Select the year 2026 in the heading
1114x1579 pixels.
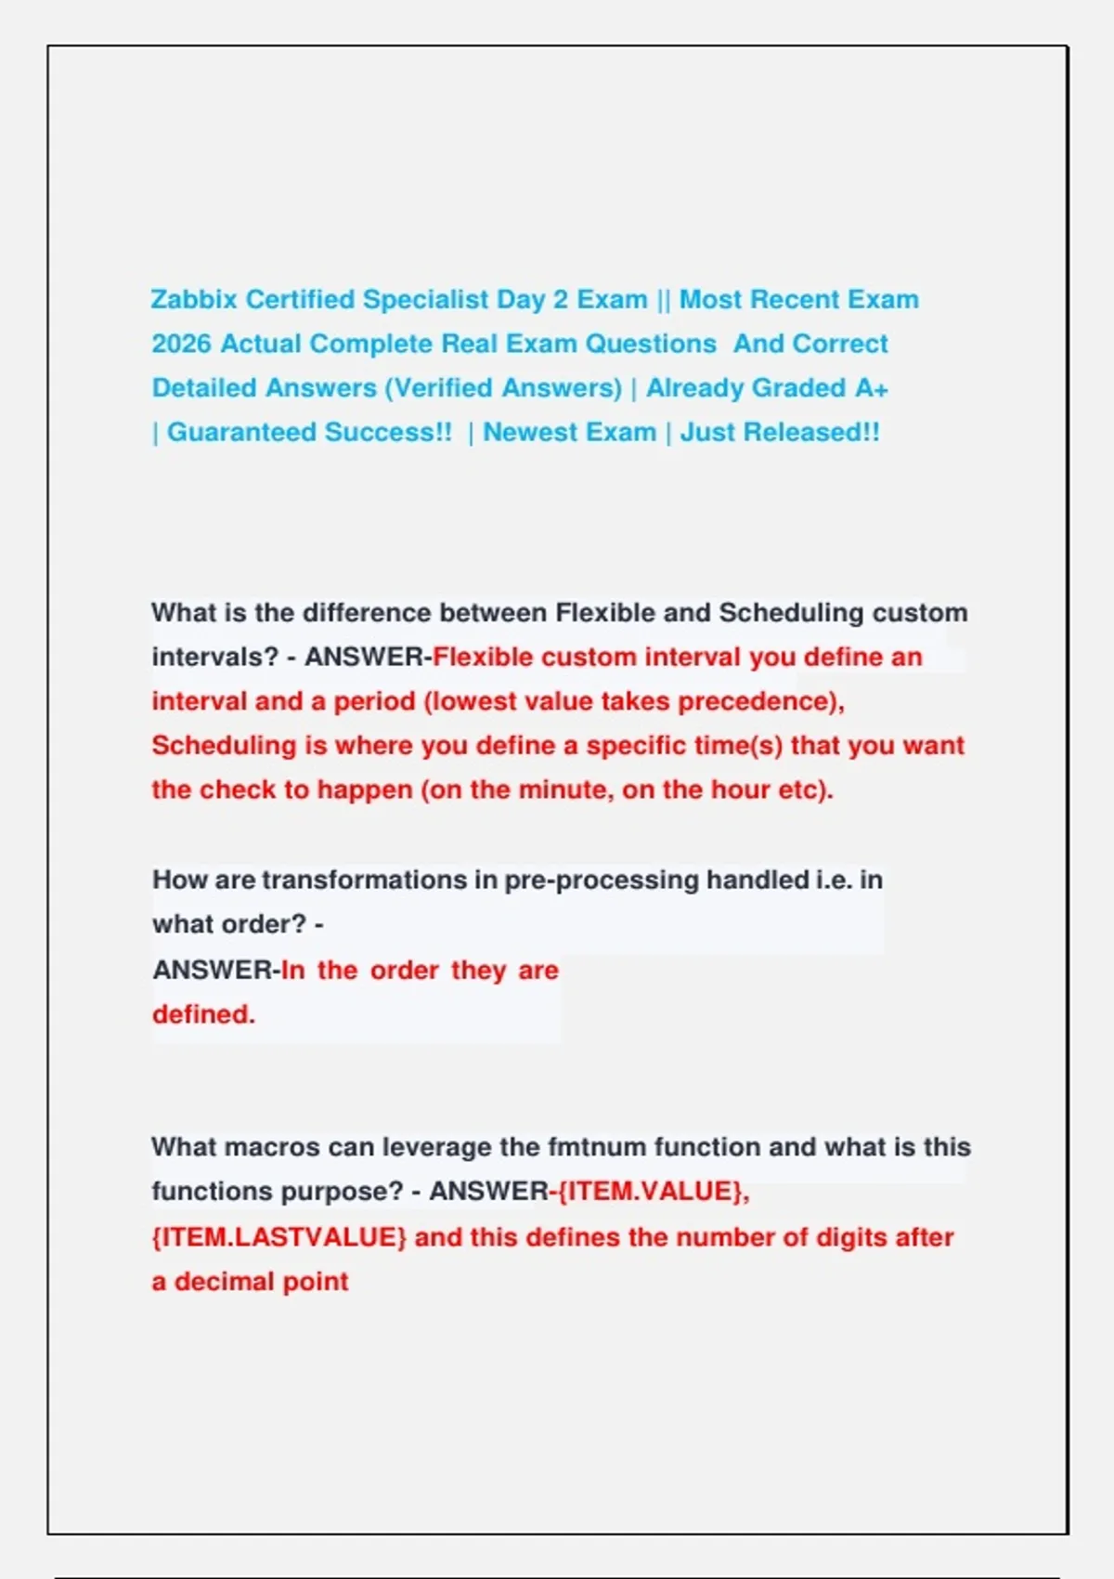point(181,344)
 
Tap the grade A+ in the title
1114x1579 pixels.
point(872,388)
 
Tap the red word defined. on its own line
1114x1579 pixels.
point(203,1014)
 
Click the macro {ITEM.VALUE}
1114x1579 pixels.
point(652,1192)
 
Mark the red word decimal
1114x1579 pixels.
point(222,1282)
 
